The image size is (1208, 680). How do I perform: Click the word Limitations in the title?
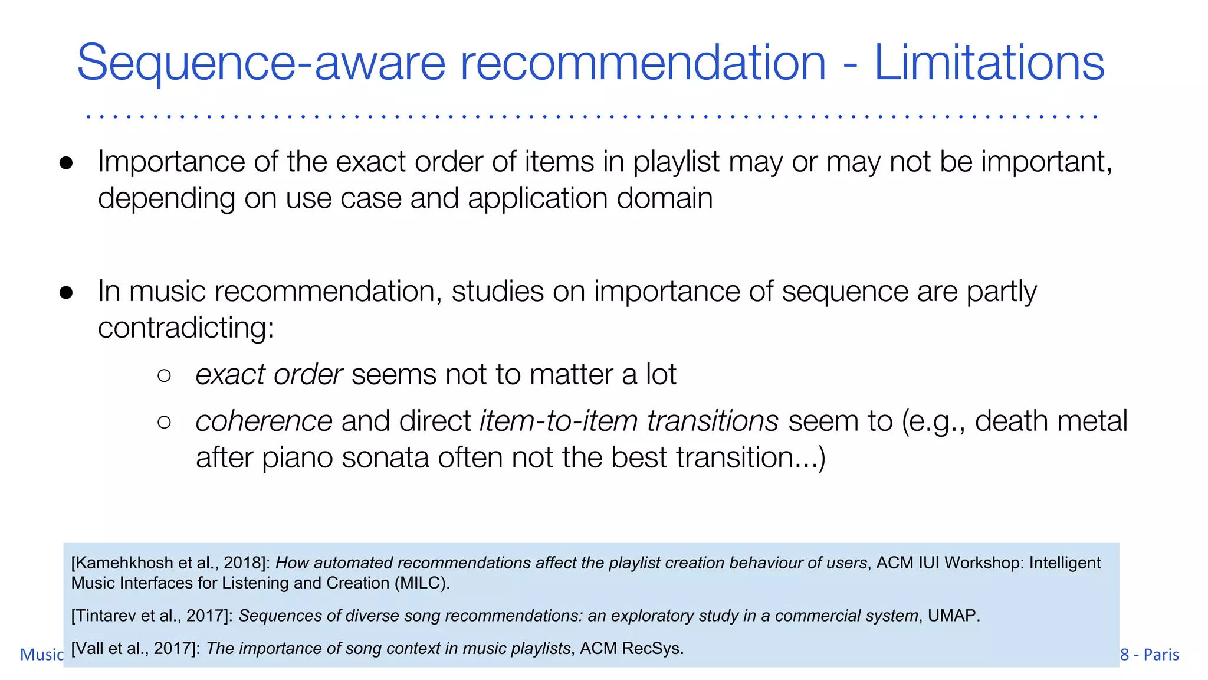[989, 63]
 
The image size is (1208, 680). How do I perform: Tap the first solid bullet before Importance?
[66, 164]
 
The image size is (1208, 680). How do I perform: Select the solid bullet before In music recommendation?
[66, 293]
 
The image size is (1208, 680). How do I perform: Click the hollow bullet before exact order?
[165, 375]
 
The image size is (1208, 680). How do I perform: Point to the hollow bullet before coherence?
[165, 422]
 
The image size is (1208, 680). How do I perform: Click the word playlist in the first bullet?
[676, 162]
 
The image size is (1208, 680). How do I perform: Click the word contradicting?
[185, 328]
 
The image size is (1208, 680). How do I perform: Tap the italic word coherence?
[264, 421]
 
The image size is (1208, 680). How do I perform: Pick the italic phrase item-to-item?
[559, 421]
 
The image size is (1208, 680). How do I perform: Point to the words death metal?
[1051, 421]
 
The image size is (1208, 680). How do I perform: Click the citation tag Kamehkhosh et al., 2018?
[168, 563]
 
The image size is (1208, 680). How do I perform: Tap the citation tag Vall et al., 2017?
[135, 649]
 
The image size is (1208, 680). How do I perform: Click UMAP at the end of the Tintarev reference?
[952, 616]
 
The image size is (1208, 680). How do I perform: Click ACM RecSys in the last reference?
[631, 649]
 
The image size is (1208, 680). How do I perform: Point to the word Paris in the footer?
[1161, 655]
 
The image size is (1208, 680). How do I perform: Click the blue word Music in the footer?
[41, 655]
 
